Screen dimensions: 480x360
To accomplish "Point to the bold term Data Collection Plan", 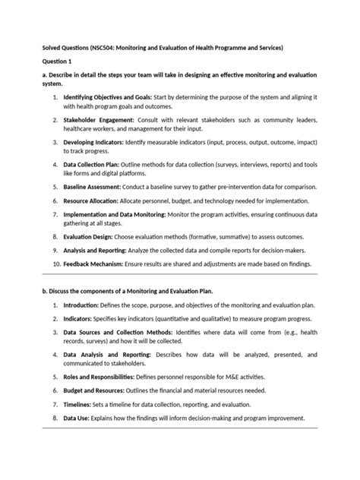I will click(x=97, y=163).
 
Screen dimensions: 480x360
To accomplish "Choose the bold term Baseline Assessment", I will click(x=96, y=185).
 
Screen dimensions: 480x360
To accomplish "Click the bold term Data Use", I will click(x=78, y=418).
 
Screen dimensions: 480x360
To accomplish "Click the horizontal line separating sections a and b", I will click(x=179, y=277).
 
